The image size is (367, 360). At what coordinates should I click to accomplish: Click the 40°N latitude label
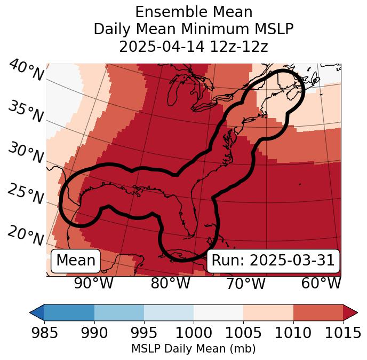pyautogui.click(x=26, y=71)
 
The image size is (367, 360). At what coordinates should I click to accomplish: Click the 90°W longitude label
pyautogui.click(x=94, y=284)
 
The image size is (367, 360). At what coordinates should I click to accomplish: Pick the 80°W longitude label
pyautogui.click(x=170, y=284)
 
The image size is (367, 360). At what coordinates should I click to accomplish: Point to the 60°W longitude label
pyautogui.click(x=321, y=284)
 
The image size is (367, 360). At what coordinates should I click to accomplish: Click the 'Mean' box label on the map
pyautogui.click(x=76, y=261)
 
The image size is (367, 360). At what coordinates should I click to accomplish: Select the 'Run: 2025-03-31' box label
pyautogui.click(x=273, y=261)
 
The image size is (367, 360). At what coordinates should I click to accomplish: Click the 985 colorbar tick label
pyautogui.click(x=44, y=333)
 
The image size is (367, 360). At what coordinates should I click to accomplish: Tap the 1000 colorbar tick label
pyautogui.click(x=194, y=333)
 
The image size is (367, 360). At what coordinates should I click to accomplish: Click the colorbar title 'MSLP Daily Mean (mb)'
pyautogui.click(x=193, y=349)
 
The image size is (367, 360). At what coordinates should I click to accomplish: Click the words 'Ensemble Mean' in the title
pyautogui.click(x=194, y=12)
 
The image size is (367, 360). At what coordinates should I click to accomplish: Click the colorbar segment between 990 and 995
pyautogui.click(x=119, y=312)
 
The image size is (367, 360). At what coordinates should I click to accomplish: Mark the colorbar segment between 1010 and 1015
pyautogui.click(x=318, y=312)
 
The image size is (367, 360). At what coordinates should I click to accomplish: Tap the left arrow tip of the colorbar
pyautogui.click(x=31, y=312)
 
